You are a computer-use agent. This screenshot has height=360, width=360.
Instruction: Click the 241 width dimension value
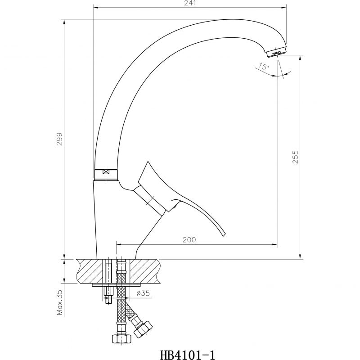pyautogui.click(x=190, y=3)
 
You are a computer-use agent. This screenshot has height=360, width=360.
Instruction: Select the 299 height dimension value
pyautogui.click(x=59, y=139)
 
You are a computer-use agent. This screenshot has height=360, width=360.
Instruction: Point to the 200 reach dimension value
pyautogui.click(x=189, y=240)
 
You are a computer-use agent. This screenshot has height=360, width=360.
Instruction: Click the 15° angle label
pyautogui.click(x=264, y=66)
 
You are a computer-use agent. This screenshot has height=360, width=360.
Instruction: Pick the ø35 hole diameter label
pyautogui.click(x=143, y=293)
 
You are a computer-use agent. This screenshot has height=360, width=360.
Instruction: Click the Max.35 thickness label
pyautogui.click(x=59, y=302)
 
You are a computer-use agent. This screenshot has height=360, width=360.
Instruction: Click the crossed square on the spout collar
pyautogui.click(x=106, y=171)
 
